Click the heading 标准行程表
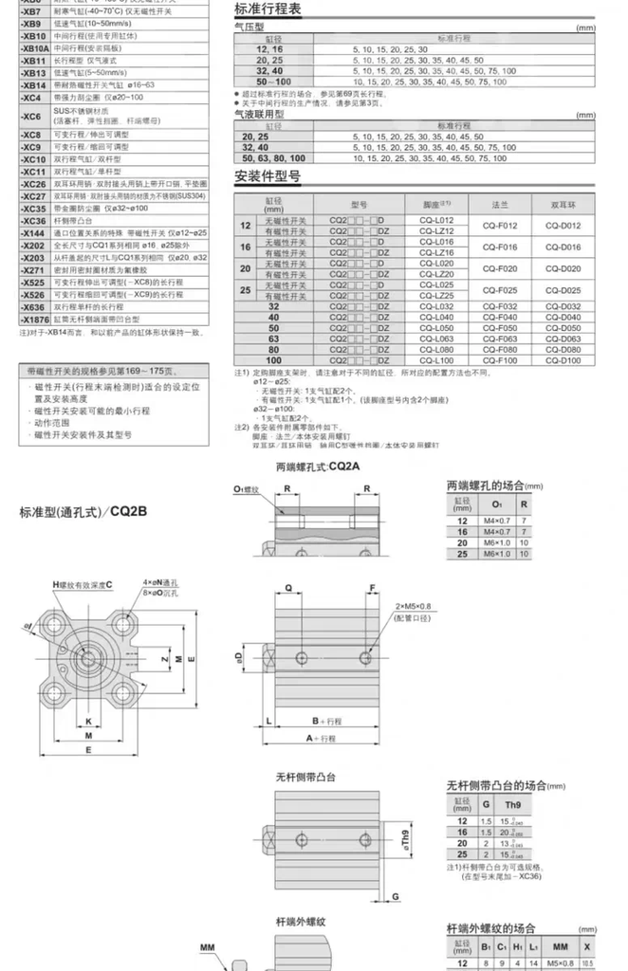[x=268, y=9]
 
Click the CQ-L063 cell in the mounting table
[x=437, y=339]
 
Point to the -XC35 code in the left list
[x=33, y=208]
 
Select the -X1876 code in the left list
[x=34, y=320]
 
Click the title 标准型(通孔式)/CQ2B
[x=84, y=512]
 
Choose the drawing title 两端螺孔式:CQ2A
[x=319, y=467]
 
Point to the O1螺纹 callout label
[x=246, y=489]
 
